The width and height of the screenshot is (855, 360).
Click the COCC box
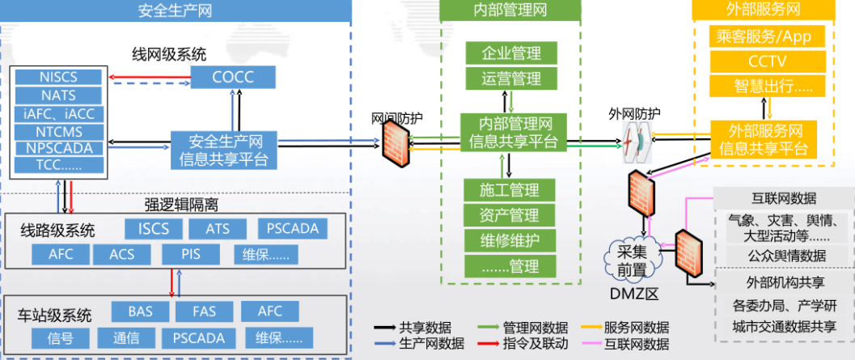tap(233, 77)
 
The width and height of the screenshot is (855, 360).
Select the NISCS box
tap(58, 77)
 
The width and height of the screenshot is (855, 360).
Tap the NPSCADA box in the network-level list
tap(58, 148)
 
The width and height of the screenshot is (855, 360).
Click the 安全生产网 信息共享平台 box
tap(223, 150)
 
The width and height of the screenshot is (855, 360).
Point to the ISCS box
tap(154, 228)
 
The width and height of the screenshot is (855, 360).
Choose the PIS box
tap(192, 254)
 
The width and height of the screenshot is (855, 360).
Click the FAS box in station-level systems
tap(204, 311)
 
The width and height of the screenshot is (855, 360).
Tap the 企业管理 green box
tap(511, 54)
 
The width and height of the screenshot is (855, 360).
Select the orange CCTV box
tap(761, 62)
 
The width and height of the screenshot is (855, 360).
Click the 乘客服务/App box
tap(761, 36)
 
